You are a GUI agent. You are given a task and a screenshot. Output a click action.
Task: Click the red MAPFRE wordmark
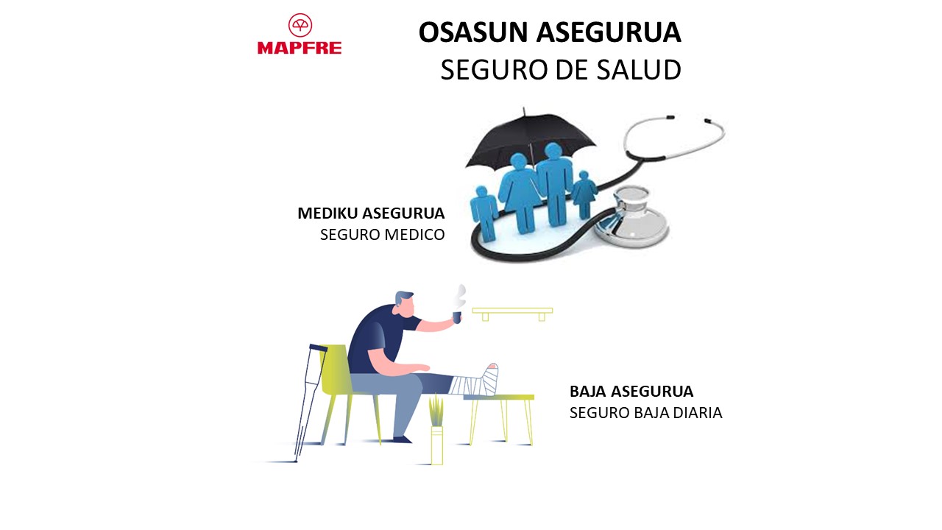300,48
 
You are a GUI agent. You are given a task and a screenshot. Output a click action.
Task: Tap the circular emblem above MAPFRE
300,25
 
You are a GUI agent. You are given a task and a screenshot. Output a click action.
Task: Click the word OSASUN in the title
473,32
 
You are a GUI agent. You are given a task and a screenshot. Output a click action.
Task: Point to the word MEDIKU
327,213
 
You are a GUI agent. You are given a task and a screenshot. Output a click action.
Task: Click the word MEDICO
414,235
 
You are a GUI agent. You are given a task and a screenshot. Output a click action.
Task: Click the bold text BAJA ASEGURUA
631,392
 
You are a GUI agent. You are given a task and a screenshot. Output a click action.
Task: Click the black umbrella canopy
531,139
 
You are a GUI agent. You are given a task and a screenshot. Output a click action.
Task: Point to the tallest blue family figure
555,184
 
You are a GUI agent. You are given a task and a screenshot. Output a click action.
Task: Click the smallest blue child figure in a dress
584,194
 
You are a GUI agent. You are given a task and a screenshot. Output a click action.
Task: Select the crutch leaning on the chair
311,403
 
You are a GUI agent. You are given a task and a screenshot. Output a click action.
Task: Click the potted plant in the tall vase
436,429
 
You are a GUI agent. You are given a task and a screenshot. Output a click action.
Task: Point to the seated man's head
405,304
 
